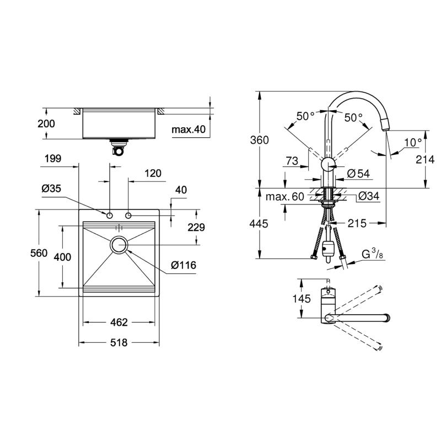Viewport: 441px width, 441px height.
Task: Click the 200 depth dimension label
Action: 46,123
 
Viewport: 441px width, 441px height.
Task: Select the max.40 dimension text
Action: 189,130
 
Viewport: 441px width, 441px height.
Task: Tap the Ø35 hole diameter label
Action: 51,189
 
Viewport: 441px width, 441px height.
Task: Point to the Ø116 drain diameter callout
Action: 184,265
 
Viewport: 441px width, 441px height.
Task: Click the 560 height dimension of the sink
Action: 39,253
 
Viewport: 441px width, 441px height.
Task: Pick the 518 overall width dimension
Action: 119,342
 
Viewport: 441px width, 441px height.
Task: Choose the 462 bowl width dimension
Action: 119,322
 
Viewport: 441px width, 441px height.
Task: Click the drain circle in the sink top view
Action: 119,245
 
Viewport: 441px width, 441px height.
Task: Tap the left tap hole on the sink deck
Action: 109,216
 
